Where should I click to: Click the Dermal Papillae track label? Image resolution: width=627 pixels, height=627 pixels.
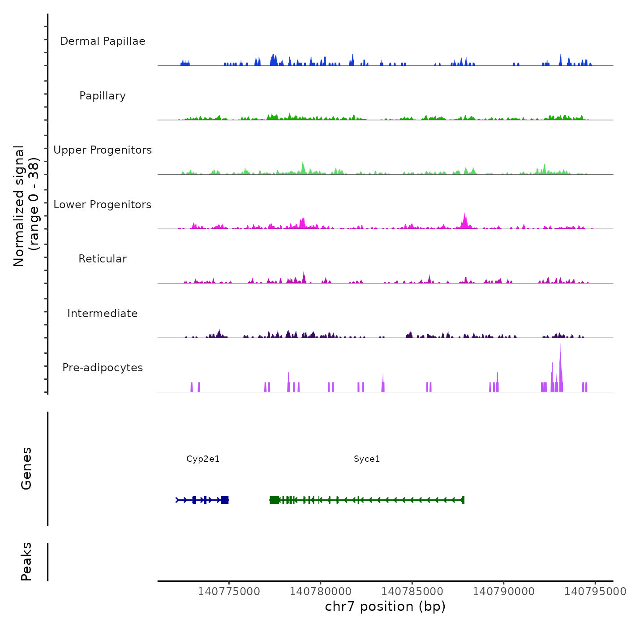(103, 41)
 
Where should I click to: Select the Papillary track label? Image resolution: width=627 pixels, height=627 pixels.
(103, 96)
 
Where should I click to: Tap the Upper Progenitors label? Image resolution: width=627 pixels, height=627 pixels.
(103, 150)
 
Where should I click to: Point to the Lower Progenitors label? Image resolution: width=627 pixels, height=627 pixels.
(103, 205)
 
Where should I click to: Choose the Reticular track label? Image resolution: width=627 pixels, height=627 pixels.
(103, 259)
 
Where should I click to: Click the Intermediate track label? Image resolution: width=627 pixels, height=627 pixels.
(103, 313)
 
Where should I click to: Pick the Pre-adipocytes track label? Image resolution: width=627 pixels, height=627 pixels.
(103, 368)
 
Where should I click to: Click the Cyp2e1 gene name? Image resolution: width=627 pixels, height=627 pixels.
(203, 459)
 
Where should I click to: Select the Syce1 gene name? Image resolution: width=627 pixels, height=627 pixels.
(367, 459)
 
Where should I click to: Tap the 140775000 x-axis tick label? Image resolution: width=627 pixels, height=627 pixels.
(229, 592)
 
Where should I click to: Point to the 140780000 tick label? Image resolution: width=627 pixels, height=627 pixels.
(321, 592)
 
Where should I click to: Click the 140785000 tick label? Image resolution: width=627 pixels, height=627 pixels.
(412, 592)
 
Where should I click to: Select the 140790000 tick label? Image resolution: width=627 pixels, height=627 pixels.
(504, 592)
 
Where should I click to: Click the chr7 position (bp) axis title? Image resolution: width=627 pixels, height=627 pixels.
(385, 606)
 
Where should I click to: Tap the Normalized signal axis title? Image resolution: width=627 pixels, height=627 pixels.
(26, 206)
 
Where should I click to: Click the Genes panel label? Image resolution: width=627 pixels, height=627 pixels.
(26, 468)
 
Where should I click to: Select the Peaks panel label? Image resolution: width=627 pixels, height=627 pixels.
(26, 562)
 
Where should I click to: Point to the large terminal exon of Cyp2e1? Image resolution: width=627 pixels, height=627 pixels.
(225, 500)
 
